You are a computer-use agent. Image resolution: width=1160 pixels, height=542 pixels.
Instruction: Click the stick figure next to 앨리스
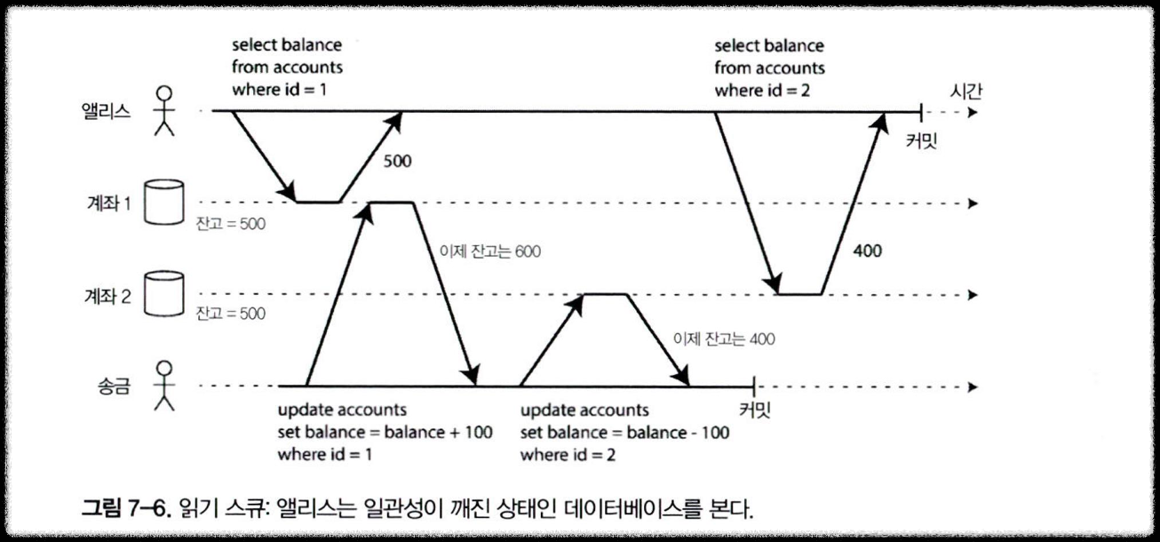[x=164, y=110]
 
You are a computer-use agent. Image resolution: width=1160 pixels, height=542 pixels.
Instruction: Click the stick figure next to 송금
[x=163, y=386]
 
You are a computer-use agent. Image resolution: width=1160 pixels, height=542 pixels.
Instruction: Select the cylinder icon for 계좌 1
[x=164, y=203]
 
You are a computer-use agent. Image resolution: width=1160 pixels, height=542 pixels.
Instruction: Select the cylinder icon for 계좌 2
[x=164, y=294]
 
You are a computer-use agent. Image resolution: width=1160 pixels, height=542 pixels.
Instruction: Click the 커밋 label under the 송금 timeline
[x=756, y=410]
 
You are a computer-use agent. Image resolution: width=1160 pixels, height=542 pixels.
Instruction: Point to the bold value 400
[x=867, y=251]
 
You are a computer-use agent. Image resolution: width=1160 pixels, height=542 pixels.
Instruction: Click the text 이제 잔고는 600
[x=489, y=251]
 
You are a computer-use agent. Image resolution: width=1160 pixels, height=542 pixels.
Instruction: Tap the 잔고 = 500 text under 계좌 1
[x=231, y=222]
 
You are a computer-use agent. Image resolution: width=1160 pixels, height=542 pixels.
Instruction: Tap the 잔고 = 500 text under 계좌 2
[x=231, y=314]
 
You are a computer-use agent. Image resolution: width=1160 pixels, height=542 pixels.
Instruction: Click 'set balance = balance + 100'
[x=385, y=433]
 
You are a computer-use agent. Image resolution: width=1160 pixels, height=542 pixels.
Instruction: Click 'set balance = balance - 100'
[x=624, y=433]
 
